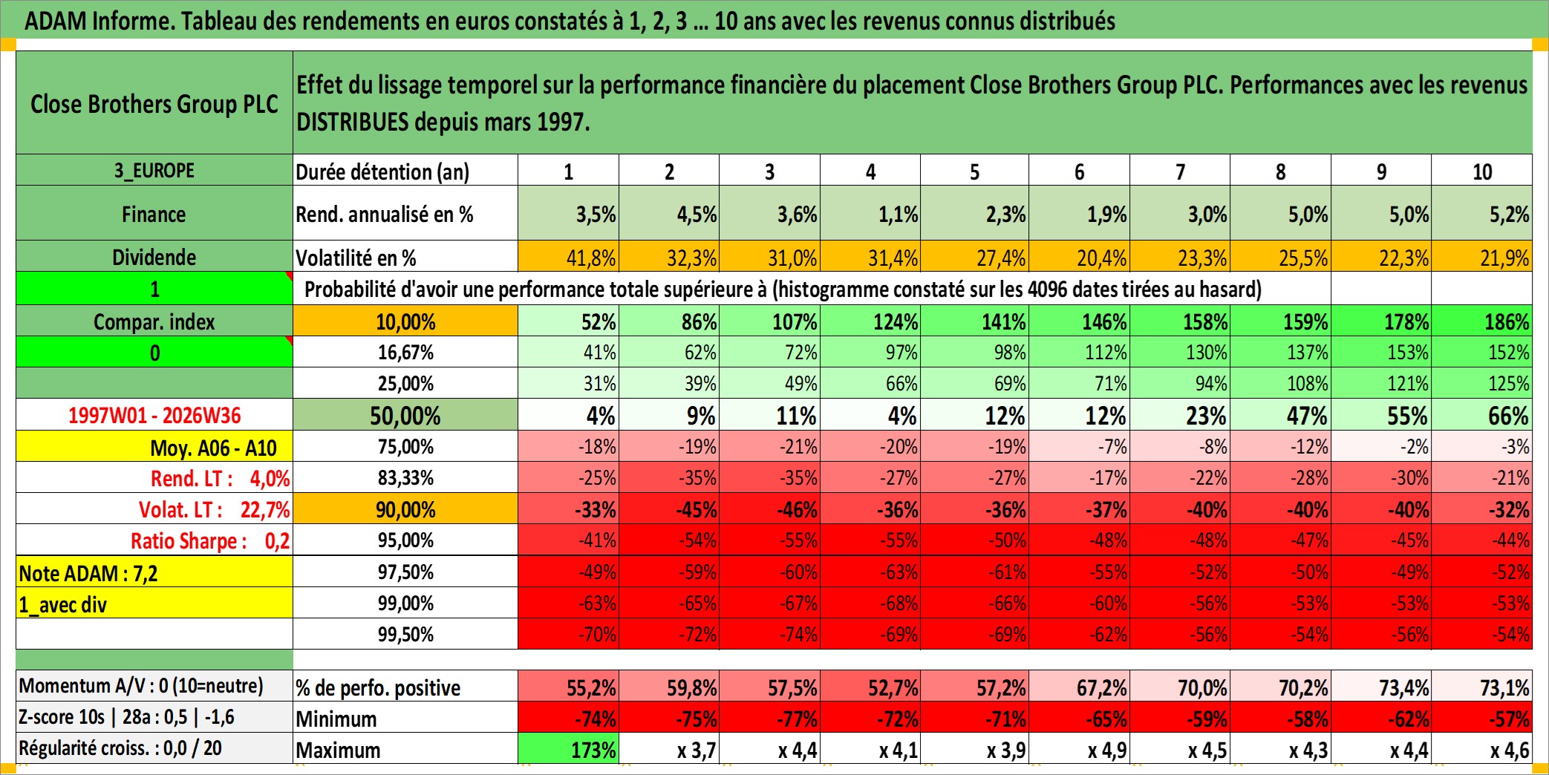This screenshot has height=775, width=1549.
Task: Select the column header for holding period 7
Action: pos(1180,171)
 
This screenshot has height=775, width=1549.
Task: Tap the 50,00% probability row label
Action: pos(405,416)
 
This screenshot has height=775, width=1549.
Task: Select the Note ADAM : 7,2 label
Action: pos(88,573)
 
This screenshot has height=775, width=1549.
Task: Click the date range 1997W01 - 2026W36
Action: pos(154,416)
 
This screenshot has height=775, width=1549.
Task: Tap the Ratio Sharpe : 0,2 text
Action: pos(210,541)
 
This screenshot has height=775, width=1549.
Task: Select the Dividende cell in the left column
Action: pos(154,257)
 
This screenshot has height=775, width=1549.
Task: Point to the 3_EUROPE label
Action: pos(154,171)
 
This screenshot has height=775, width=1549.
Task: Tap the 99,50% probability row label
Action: pos(405,634)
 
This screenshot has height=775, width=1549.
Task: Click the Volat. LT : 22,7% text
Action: pos(214,510)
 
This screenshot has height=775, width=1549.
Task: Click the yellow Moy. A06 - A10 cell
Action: pos(154,447)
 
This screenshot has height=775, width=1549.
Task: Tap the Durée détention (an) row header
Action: pos(382,171)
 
